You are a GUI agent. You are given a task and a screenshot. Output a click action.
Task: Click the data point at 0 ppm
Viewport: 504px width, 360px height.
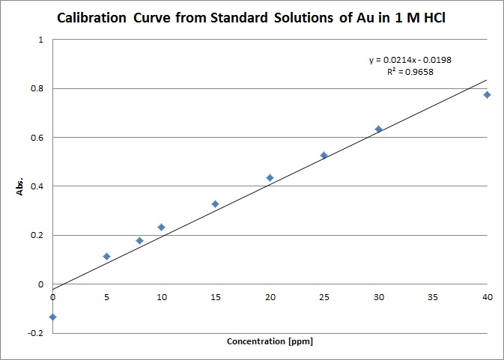click(52, 317)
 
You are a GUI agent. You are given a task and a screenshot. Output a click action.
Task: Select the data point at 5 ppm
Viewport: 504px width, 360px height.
click(106, 257)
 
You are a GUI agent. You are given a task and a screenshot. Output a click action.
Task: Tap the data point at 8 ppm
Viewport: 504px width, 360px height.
click(139, 240)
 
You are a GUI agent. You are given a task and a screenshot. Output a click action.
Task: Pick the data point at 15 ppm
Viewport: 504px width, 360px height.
click(215, 204)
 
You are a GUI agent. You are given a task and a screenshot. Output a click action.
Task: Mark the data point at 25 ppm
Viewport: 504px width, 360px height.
click(324, 156)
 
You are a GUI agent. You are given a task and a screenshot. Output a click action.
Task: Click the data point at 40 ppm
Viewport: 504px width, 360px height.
click(487, 94)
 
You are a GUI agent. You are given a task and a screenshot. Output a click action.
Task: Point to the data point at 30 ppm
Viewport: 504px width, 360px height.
click(378, 129)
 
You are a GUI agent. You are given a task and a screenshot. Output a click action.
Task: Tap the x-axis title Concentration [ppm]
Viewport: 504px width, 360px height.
click(270, 342)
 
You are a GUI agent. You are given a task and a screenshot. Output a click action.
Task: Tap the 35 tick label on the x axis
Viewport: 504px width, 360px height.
click(432, 297)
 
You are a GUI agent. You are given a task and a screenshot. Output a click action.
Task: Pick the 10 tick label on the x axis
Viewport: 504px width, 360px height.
click(161, 297)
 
